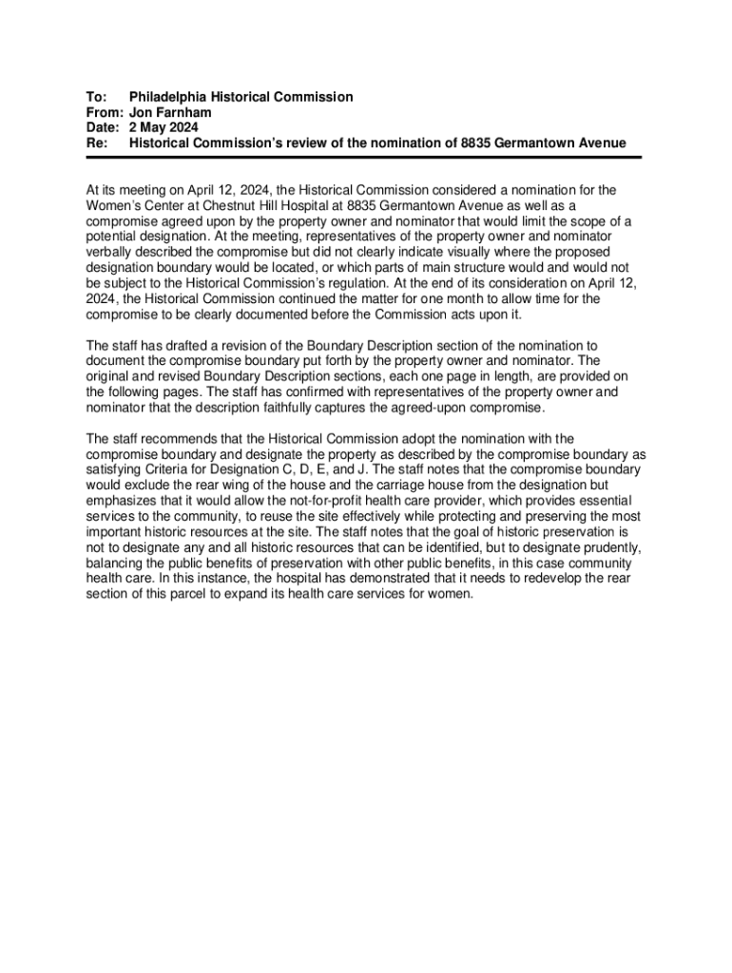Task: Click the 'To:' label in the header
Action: [x=95, y=97]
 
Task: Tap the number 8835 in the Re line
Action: [x=479, y=143]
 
